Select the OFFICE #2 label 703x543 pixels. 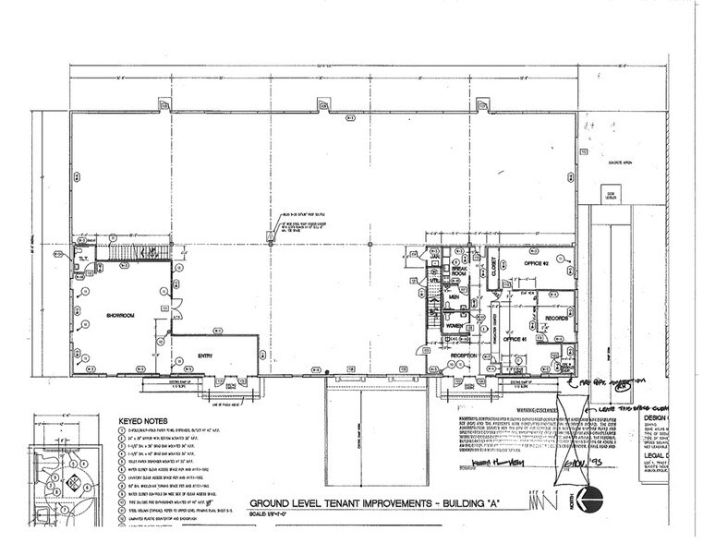click(536, 265)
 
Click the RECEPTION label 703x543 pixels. click(462, 354)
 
